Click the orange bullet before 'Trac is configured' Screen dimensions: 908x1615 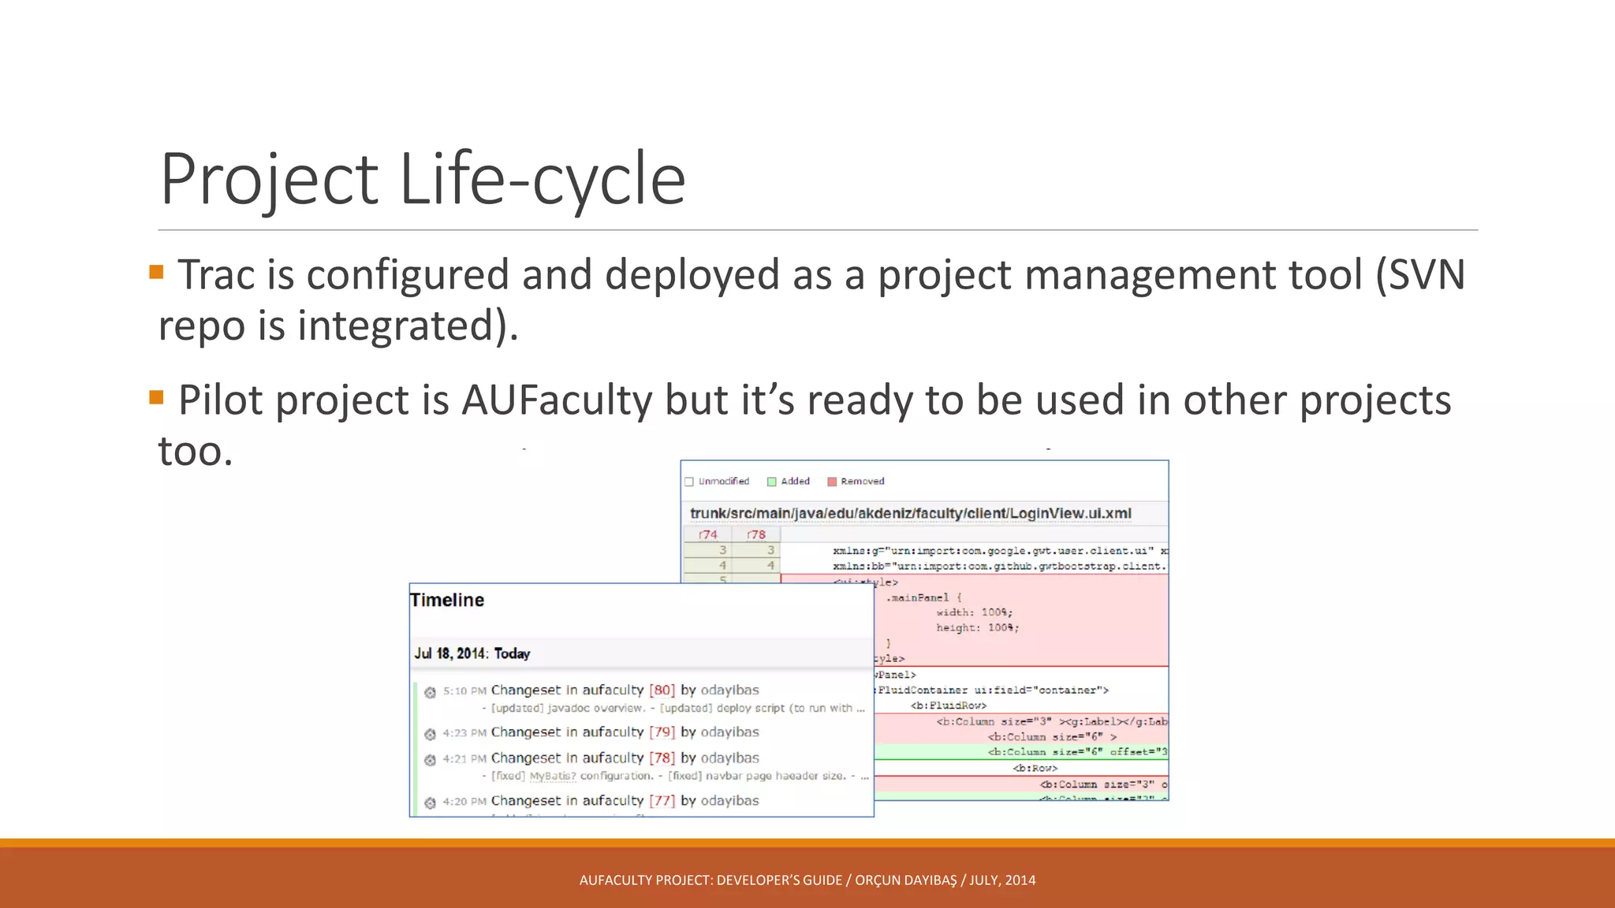pyautogui.click(x=156, y=273)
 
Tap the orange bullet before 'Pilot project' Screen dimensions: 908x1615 pyautogui.click(x=156, y=397)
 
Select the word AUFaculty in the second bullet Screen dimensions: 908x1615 pyautogui.click(x=556, y=400)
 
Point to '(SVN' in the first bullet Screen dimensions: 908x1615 pyautogui.click(x=1420, y=275)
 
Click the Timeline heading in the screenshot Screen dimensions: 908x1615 pyautogui.click(x=447, y=600)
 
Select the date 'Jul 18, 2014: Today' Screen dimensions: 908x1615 pyautogui.click(x=472, y=653)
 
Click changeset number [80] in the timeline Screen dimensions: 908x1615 pyautogui.click(x=662, y=690)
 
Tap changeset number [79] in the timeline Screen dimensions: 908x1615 pyautogui.click(x=662, y=731)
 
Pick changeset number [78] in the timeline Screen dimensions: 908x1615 pyautogui.click(x=662, y=757)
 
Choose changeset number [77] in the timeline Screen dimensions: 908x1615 pyautogui.click(x=662, y=800)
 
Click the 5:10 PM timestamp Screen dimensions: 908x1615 pyautogui.click(x=464, y=690)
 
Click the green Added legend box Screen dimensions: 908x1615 pyautogui.click(x=772, y=482)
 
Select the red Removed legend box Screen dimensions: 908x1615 pyautogui.click(x=831, y=482)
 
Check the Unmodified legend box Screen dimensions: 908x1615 pyautogui.click(x=689, y=482)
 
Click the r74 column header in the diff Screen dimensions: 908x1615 pyautogui.click(x=708, y=534)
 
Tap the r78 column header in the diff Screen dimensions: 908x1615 pyautogui.click(x=756, y=534)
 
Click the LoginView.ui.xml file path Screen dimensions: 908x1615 pyautogui.click(x=911, y=513)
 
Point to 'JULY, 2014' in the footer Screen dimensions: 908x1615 pyautogui.click(x=1002, y=880)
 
